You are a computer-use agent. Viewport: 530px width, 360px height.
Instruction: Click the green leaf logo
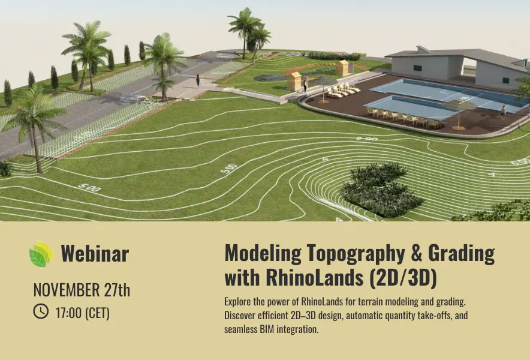point(41,254)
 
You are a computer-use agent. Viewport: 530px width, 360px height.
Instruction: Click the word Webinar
point(95,253)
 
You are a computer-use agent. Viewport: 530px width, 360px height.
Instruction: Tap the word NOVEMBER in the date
point(67,290)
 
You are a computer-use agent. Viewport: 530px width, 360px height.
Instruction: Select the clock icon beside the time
point(41,311)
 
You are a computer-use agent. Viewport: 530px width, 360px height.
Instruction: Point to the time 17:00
point(68,313)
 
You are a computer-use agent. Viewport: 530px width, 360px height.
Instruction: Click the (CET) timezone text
point(97,313)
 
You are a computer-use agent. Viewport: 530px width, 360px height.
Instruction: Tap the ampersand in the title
point(417,253)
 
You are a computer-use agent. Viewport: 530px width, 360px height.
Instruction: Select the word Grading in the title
point(462,254)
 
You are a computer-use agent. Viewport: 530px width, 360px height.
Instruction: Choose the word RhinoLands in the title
point(315,278)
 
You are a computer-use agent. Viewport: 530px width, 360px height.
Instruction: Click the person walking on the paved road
point(198,80)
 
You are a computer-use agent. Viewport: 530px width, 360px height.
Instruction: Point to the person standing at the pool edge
point(503,112)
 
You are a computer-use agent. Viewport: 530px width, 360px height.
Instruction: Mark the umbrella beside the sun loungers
point(324,89)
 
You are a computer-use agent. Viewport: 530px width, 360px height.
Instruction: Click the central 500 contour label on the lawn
point(229,169)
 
